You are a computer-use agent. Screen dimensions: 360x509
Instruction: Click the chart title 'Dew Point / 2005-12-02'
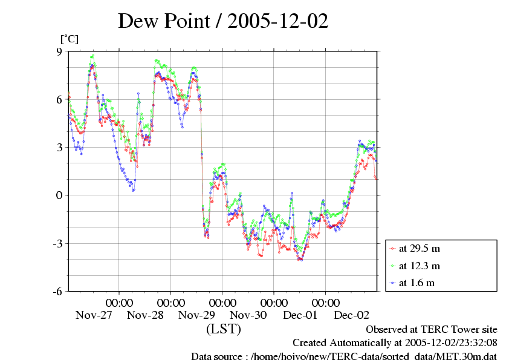point(223,21)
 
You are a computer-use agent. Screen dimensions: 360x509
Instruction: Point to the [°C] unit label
point(69,39)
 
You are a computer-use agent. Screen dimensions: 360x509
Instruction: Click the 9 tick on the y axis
point(59,51)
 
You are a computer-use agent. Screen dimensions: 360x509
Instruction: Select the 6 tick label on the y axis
point(59,99)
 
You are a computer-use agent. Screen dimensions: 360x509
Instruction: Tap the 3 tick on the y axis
point(59,147)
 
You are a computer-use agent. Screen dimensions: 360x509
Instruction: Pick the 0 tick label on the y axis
point(59,195)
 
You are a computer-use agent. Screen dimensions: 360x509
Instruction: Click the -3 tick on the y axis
point(57,243)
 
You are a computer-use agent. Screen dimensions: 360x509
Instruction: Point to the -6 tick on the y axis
point(57,291)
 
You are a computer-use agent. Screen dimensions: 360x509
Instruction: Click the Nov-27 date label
point(94,315)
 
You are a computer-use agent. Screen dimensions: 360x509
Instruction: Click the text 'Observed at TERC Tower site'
point(432,330)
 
